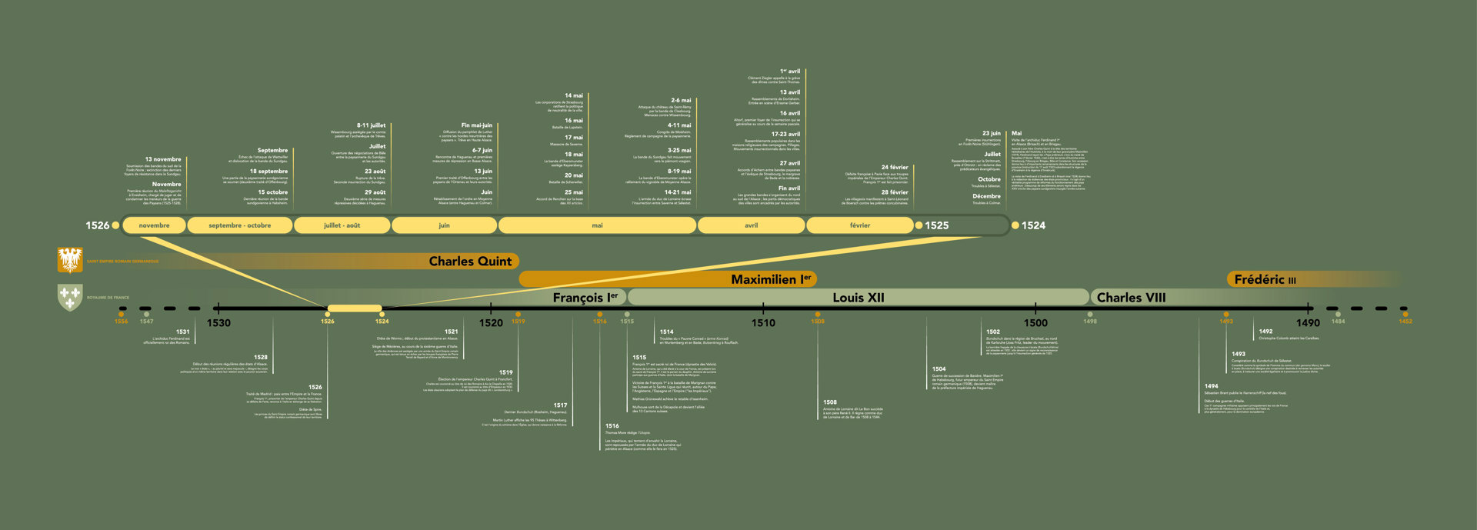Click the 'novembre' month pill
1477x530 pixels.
tap(154, 225)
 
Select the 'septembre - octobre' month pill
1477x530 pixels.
tap(239, 225)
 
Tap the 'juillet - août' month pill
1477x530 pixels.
tap(342, 225)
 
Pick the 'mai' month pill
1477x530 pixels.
tap(597, 225)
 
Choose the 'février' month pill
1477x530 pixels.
tap(859, 225)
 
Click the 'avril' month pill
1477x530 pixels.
tap(751, 225)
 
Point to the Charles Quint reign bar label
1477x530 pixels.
tap(470, 262)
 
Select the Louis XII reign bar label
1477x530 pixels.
tap(858, 298)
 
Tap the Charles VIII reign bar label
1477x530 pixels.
tap(1131, 298)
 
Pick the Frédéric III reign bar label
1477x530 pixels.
tap(1265, 279)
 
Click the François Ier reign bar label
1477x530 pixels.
tap(585, 298)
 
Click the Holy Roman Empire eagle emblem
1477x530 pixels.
tap(70, 260)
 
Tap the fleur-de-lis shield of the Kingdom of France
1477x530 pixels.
tap(70, 297)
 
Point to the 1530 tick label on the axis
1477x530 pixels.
tap(218, 323)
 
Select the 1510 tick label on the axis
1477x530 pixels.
tap(763, 323)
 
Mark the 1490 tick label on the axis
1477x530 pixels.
tap(1308, 323)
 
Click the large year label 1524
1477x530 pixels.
tap(1033, 225)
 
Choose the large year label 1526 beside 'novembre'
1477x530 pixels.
tap(97, 225)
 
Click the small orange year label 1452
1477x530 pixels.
tap(1405, 322)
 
